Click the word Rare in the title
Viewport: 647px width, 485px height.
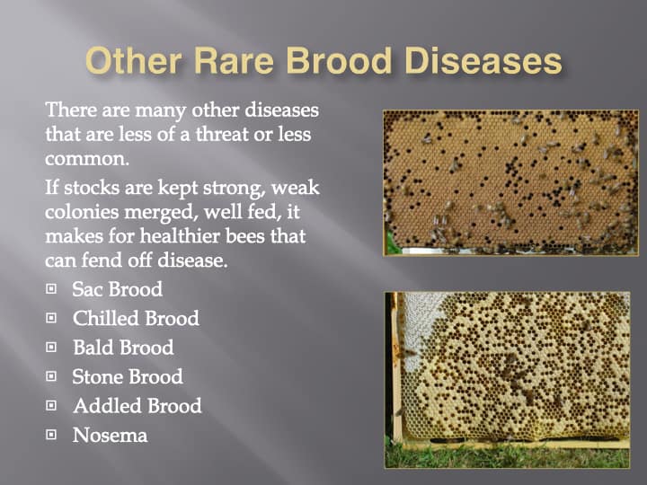[234, 61]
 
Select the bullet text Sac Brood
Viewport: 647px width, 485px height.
[117, 289]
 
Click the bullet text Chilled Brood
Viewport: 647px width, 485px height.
[136, 318]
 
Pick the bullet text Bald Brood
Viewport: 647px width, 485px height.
[123, 348]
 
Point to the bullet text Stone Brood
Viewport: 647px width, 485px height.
[128, 377]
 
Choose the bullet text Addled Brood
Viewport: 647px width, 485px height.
[137, 406]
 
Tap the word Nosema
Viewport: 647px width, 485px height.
[111, 435]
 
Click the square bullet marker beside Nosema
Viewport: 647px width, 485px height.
[51, 435]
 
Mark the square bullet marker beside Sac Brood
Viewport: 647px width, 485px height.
[51, 288]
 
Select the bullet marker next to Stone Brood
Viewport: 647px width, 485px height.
[51, 376]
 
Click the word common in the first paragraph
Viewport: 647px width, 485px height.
[87, 159]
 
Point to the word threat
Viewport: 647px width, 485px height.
[222, 134]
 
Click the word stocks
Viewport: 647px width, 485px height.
[91, 187]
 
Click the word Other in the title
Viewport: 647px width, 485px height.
[134, 61]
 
